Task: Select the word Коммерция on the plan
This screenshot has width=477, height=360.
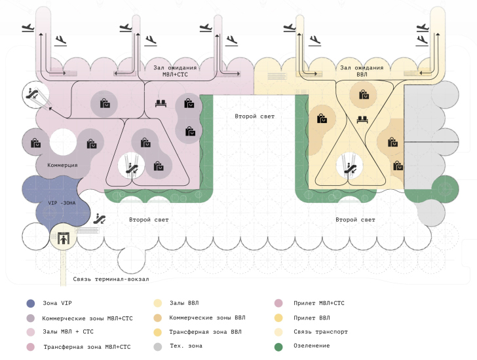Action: point(62,165)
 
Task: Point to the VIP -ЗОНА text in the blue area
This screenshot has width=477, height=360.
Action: point(62,203)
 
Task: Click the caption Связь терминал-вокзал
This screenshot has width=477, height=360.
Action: point(111,279)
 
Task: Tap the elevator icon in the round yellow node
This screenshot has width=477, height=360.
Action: point(63,238)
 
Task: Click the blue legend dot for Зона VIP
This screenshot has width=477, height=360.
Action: point(30,303)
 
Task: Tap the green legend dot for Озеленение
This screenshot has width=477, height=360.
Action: point(278,346)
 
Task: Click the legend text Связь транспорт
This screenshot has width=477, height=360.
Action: point(320,332)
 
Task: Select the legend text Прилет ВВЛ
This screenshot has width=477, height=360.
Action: point(313,317)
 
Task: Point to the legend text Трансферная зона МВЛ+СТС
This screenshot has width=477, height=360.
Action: point(87,346)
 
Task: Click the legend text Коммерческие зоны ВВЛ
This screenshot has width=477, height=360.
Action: point(205,317)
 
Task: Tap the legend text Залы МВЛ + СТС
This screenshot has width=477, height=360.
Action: point(67,332)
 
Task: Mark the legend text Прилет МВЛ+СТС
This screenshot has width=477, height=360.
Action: point(319,303)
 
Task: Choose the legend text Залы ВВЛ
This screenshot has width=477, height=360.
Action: point(183,303)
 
